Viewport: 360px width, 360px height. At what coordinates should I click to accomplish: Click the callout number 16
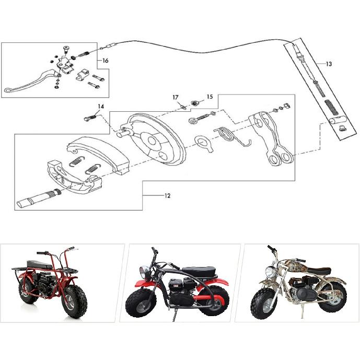coord(105,61)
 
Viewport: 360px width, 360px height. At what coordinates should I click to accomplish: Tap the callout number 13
coord(328,64)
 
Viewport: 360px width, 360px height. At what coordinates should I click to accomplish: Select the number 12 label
coord(167,196)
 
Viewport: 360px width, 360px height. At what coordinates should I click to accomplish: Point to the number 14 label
coord(100,107)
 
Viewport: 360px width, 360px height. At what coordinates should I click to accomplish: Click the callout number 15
coord(210,97)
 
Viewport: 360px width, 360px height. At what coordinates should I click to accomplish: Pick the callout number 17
coord(176,97)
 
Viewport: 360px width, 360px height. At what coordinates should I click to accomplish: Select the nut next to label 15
coord(194,102)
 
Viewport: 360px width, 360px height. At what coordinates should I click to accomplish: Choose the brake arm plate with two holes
coord(269,138)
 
